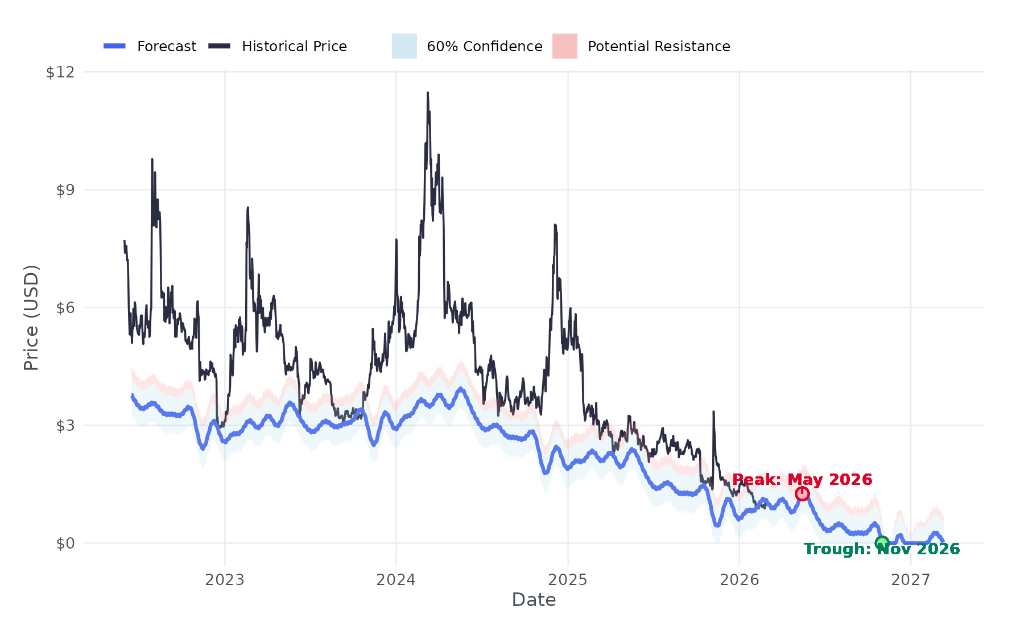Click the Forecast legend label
(x=167, y=47)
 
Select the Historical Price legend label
(x=294, y=47)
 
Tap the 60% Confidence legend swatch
(x=404, y=46)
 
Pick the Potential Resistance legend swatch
(x=565, y=46)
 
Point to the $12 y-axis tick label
(x=60, y=72)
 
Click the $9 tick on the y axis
(x=65, y=190)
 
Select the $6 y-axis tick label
(x=65, y=308)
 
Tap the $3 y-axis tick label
(x=65, y=426)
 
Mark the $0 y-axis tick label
(x=65, y=543)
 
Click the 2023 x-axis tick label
(x=225, y=580)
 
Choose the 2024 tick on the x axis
(x=397, y=580)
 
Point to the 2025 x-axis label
(x=568, y=580)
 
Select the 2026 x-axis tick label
(x=740, y=580)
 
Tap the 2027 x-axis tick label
(x=911, y=580)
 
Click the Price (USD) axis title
(x=31, y=318)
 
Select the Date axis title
(x=534, y=600)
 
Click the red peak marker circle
(x=802, y=493)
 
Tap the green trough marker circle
(x=882, y=543)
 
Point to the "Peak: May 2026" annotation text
(x=802, y=480)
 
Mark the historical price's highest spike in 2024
(x=427, y=93)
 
